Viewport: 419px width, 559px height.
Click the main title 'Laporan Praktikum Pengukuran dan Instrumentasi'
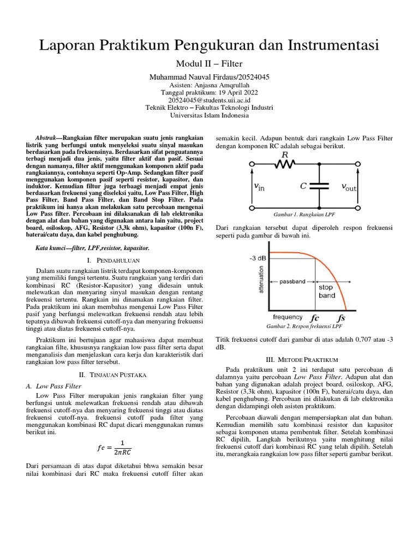pyautogui.click(x=209, y=46)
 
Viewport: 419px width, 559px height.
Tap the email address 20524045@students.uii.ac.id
pyautogui.click(x=209, y=100)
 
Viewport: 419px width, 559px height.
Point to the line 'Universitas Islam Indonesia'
pyautogui.click(x=209, y=115)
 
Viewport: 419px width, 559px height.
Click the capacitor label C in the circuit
pyautogui.click(x=303, y=186)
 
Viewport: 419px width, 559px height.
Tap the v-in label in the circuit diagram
pyautogui.click(x=259, y=187)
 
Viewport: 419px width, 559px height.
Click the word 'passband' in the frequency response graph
pyautogui.click(x=292, y=282)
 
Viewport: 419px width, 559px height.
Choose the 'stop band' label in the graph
pyautogui.click(x=326, y=291)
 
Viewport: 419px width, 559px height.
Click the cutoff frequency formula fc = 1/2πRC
pyautogui.click(x=115, y=447)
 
